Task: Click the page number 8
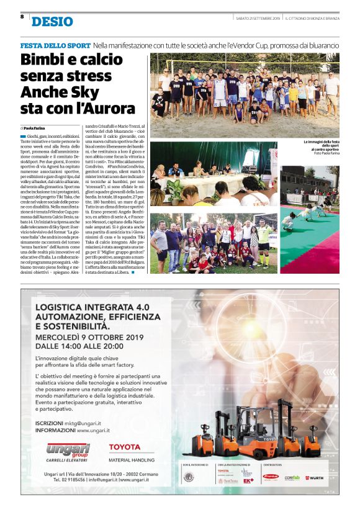22,17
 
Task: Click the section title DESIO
52,22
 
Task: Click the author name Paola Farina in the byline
38,128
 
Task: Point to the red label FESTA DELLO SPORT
55,46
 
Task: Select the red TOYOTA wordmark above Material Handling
124,447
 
